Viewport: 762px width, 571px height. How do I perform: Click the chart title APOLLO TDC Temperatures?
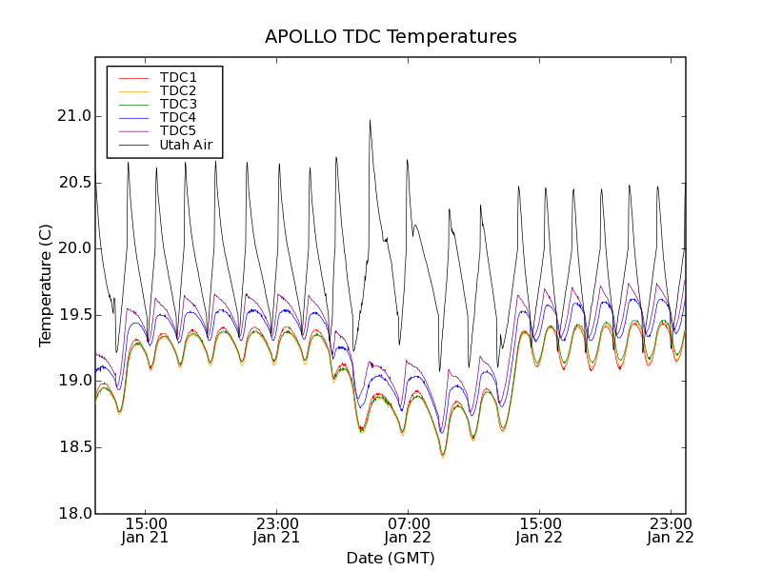tap(391, 37)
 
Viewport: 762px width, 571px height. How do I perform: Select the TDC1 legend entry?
tap(178, 77)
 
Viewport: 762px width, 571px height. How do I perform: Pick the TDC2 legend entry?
tap(178, 90)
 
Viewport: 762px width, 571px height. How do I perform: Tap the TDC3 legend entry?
tap(178, 104)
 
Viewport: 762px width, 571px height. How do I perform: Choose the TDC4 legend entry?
tap(178, 118)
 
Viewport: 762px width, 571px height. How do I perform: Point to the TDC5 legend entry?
tap(178, 131)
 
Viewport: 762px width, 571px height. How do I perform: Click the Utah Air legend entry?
tap(186, 146)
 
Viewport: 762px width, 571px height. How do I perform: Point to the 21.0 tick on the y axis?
tap(73, 116)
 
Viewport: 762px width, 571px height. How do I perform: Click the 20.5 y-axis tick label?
tap(73, 183)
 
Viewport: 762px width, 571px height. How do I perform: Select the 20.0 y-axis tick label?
tap(73, 248)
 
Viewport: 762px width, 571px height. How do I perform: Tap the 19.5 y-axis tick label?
tap(73, 315)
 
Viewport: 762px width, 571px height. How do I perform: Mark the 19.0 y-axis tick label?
tap(73, 381)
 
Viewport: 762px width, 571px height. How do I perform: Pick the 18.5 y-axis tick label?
tap(73, 447)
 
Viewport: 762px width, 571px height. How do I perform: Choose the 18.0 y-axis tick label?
tap(73, 513)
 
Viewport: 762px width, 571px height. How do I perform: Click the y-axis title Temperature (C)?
tap(46, 285)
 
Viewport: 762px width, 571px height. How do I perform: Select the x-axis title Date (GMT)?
tap(391, 558)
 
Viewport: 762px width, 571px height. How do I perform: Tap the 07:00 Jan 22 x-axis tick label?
tap(409, 530)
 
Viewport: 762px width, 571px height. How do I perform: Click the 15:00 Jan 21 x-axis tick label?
tap(146, 530)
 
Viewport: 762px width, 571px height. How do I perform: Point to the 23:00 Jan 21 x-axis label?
tap(277, 530)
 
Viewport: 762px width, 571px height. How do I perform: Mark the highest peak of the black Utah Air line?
tap(370, 120)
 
